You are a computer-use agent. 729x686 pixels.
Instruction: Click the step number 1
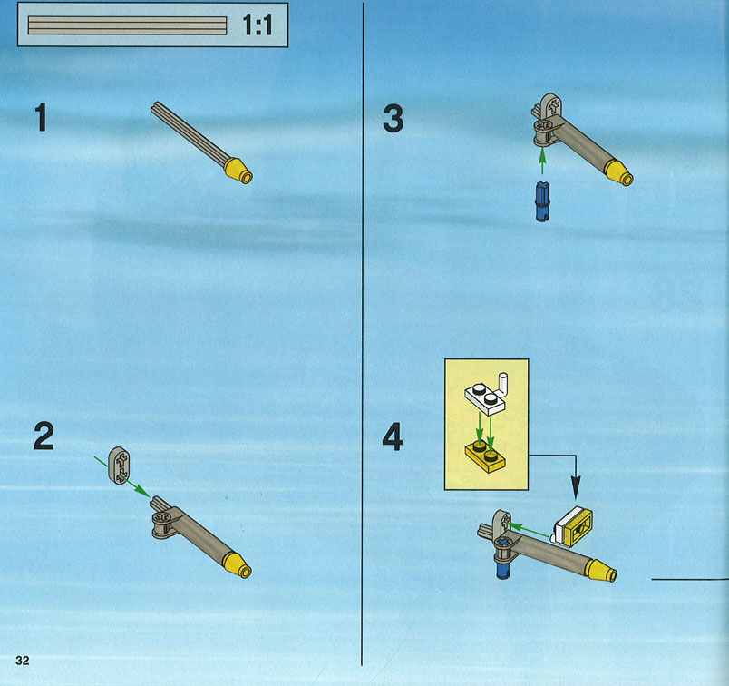click(x=42, y=117)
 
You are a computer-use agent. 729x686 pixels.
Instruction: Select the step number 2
click(x=44, y=436)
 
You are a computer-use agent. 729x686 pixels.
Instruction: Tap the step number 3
click(x=394, y=118)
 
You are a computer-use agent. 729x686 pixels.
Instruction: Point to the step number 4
click(x=393, y=436)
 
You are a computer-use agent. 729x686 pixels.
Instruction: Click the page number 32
click(x=23, y=661)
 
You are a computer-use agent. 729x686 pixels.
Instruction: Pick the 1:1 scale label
click(x=258, y=24)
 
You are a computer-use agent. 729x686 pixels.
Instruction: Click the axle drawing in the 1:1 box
click(x=127, y=25)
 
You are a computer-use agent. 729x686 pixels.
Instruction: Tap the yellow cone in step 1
click(x=238, y=171)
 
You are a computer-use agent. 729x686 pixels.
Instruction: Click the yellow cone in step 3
click(x=618, y=173)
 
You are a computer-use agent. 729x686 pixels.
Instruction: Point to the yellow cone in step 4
click(x=602, y=570)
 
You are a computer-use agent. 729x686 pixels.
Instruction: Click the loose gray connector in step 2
click(x=120, y=465)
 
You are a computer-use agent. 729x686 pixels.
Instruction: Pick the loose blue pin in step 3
click(x=542, y=201)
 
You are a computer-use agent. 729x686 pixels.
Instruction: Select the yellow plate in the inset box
click(x=485, y=456)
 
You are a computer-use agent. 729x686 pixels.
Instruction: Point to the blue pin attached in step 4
click(x=502, y=570)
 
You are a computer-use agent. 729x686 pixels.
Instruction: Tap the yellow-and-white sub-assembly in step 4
click(x=572, y=527)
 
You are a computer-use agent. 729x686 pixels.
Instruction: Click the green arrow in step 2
click(x=121, y=476)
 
